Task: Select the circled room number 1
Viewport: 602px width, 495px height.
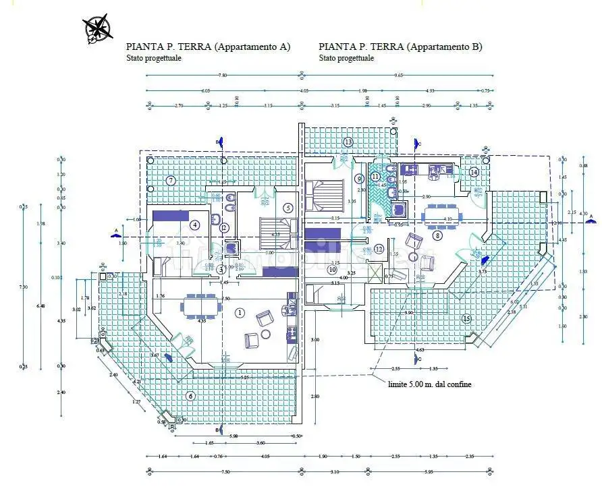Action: [x=240, y=312]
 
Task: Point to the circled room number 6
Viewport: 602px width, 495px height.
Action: [x=190, y=396]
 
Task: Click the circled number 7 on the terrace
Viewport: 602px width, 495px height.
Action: [x=171, y=180]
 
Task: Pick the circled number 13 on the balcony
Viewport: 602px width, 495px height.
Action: [x=348, y=142]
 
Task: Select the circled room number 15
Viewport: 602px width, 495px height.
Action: [x=465, y=318]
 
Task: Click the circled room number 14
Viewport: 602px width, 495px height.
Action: [x=474, y=172]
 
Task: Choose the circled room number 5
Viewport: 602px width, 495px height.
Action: [x=288, y=208]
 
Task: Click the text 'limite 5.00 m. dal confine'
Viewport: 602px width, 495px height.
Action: [x=429, y=384]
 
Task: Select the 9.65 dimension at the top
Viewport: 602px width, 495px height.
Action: [x=398, y=76]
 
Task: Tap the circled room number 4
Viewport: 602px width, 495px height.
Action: [x=195, y=225]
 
